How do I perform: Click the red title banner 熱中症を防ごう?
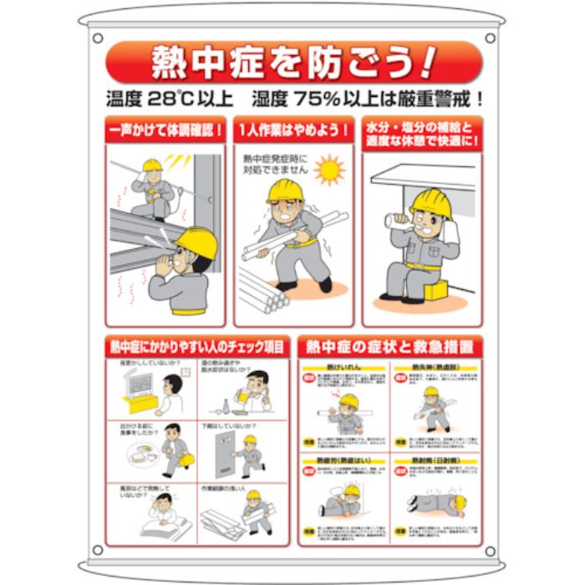(293, 62)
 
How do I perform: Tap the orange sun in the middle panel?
(328, 170)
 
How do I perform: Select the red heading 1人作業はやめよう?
(293, 130)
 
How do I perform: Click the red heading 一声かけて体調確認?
(165, 130)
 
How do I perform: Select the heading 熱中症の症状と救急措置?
(389, 346)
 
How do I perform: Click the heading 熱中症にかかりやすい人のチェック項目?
(197, 346)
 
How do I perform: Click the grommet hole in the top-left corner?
(98, 38)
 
